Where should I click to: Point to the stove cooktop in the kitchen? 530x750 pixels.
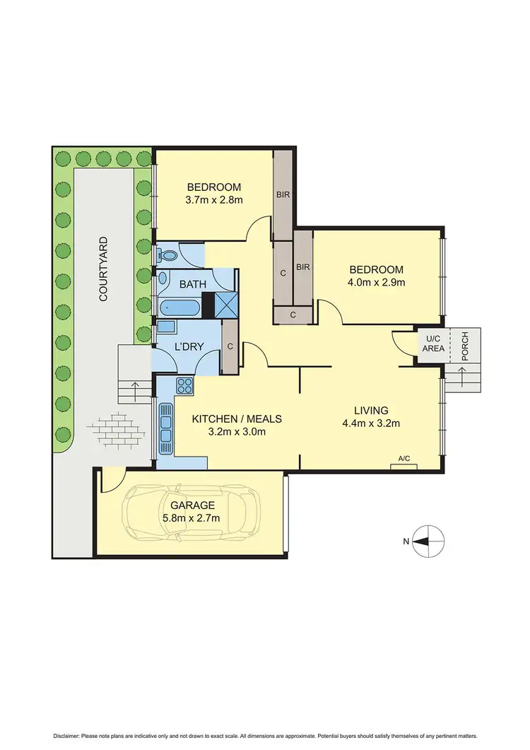click(184, 386)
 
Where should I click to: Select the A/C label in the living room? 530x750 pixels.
click(404, 459)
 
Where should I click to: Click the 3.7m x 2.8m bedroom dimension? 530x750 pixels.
click(214, 199)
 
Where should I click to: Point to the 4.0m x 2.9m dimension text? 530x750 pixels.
click(376, 282)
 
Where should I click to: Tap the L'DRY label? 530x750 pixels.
click(189, 346)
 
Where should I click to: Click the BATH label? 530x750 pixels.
click(192, 285)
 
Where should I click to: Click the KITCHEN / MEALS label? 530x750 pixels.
click(237, 418)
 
